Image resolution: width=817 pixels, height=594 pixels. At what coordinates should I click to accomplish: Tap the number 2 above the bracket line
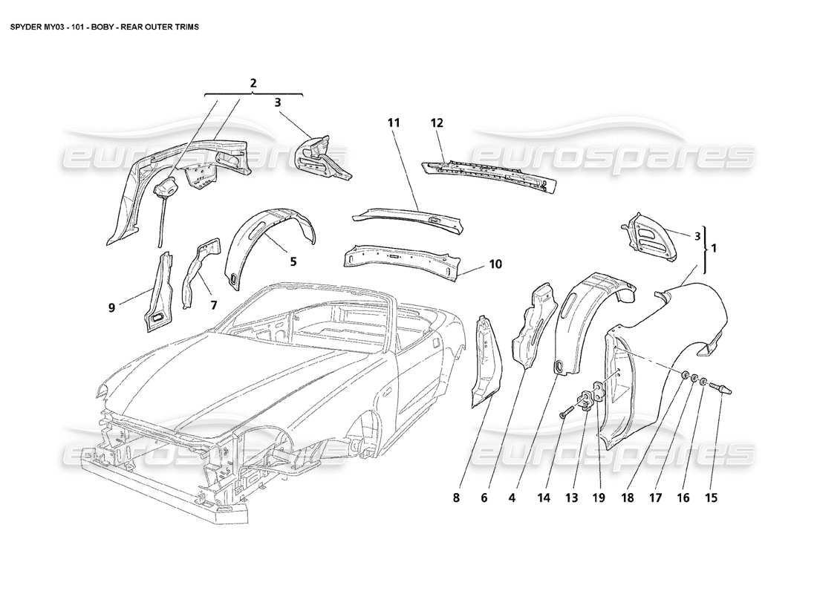[253, 83]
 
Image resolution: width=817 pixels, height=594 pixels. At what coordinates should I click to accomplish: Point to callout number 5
[293, 261]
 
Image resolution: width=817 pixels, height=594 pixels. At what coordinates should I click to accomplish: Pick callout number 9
[111, 306]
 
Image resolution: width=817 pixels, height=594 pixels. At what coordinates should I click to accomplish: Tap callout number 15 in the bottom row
[712, 498]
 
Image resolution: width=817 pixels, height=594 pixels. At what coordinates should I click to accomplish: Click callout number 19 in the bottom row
[599, 498]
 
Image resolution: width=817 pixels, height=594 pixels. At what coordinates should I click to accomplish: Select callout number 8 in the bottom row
[458, 498]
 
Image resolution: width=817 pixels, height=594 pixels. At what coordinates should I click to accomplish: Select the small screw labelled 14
[567, 409]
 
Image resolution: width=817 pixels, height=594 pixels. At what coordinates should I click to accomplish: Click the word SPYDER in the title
[26, 25]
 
